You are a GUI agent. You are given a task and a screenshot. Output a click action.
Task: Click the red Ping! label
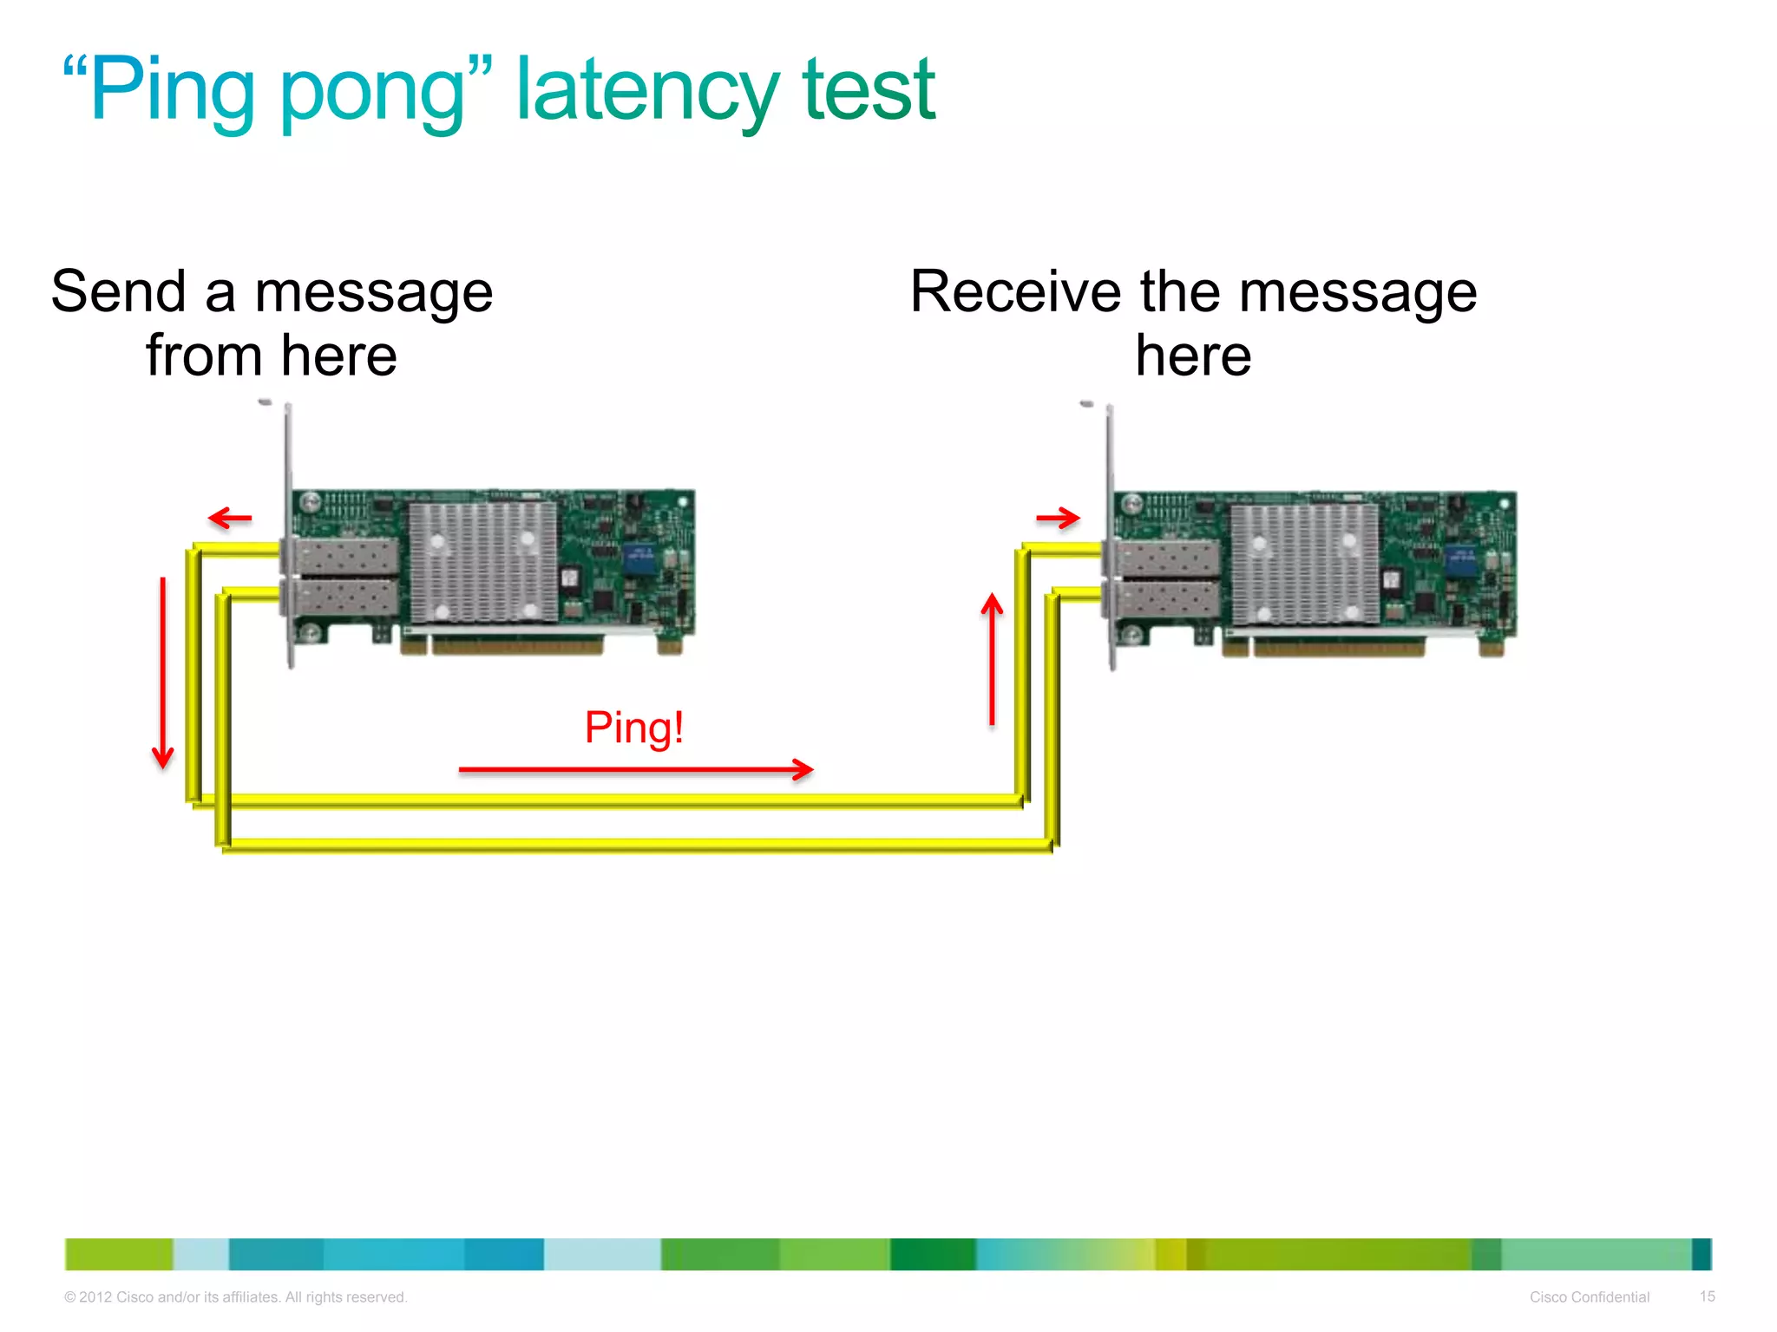634,727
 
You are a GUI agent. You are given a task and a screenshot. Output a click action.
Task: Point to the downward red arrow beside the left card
163,672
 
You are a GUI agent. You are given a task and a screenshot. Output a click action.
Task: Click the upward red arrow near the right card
992,659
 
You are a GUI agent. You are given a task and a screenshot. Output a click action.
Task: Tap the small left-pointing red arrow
230,519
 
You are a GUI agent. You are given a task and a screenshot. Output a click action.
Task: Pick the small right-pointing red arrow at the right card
1058,519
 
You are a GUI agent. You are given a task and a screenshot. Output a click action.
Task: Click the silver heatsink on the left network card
482,562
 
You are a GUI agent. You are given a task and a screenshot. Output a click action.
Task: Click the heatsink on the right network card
1304,564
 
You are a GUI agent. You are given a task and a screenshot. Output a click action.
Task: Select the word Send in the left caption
119,291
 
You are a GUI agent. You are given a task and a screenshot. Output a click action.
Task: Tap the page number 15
1707,1296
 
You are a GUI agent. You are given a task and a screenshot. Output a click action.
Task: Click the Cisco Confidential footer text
1589,1297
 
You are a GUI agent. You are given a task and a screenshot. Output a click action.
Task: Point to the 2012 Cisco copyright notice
235,1297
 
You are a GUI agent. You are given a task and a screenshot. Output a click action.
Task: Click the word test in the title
869,90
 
